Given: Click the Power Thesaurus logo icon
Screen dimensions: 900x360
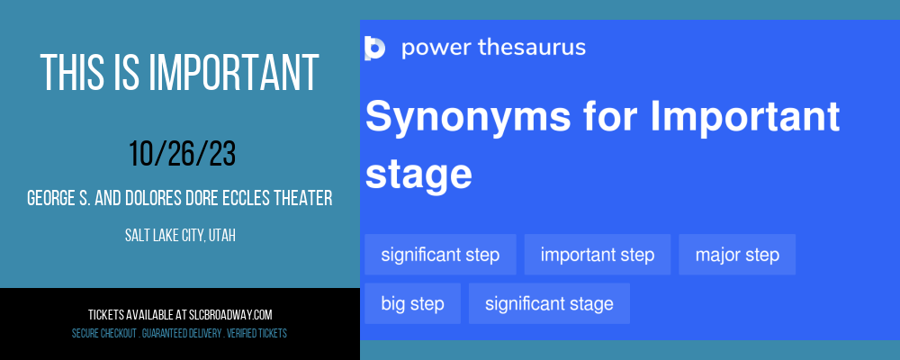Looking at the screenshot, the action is pos(374,48).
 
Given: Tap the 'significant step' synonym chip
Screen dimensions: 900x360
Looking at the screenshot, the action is pos(440,255).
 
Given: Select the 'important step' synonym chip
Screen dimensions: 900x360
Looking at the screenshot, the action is pos(598,255).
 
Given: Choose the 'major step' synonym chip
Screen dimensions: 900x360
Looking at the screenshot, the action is pos(737,255).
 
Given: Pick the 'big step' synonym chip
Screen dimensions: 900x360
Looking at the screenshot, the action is pos(413,303).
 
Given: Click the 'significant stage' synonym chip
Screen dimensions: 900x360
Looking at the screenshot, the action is pos(549,303).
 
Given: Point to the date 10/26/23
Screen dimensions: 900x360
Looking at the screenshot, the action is pos(182,155).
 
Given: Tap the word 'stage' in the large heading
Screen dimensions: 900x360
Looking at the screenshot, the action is pos(418,175).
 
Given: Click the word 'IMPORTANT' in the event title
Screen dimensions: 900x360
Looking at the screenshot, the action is pos(234,73).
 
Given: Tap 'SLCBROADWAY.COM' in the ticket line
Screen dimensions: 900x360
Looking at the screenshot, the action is pos(230,315).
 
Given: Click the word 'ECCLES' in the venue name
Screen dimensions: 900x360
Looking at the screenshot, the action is pos(249,199).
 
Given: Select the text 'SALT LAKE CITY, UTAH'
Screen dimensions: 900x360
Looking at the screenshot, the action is pos(180,235).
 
